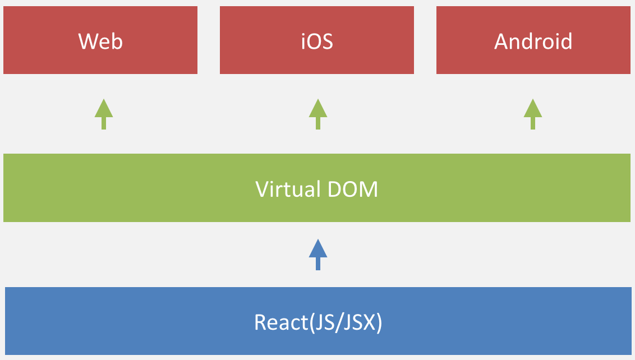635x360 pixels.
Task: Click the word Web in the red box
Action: [x=100, y=41]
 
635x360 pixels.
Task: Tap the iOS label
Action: [x=317, y=41]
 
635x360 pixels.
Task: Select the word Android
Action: [x=533, y=41]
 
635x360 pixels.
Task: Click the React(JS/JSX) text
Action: [x=317, y=322]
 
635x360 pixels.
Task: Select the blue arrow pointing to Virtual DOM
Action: [x=318, y=254]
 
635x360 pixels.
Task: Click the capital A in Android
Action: [x=501, y=41]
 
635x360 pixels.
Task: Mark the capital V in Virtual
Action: [x=262, y=189]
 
